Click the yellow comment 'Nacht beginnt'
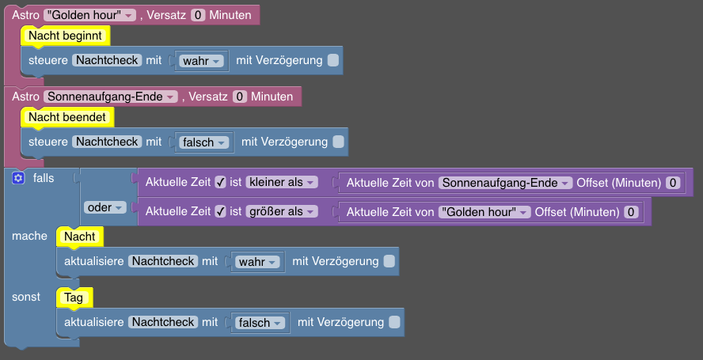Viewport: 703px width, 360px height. coord(66,36)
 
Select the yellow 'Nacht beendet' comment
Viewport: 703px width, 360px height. coord(67,117)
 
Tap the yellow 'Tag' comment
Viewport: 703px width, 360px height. coord(74,297)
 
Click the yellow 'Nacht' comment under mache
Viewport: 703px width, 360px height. coord(80,237)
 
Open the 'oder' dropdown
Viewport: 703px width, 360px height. coord(105,207)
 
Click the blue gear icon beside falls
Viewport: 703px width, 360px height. coord(18,178)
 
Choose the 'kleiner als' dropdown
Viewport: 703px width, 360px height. coord(282,183)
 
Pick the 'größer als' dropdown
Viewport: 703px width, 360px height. coord(282,211)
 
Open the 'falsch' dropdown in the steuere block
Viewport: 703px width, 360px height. coord(203,142)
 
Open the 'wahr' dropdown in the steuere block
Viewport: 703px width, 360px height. coord(201,61)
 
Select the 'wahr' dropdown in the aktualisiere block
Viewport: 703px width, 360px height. coord(257,262)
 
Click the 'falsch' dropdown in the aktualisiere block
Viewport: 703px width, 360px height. coord(260,323)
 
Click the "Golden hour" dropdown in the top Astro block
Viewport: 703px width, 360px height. coord(89,15)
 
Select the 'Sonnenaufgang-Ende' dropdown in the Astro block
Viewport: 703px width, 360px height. coord(111,97)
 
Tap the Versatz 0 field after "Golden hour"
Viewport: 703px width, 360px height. coord(198,15)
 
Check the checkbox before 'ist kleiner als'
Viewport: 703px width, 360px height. coord(220,183)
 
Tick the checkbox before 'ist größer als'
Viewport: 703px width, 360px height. coord(220,211)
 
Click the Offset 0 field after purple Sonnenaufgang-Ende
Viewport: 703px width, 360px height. coord(673,183)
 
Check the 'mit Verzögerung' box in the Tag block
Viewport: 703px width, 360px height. coord(394,322)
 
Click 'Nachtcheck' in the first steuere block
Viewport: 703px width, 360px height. coord(107,60)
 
